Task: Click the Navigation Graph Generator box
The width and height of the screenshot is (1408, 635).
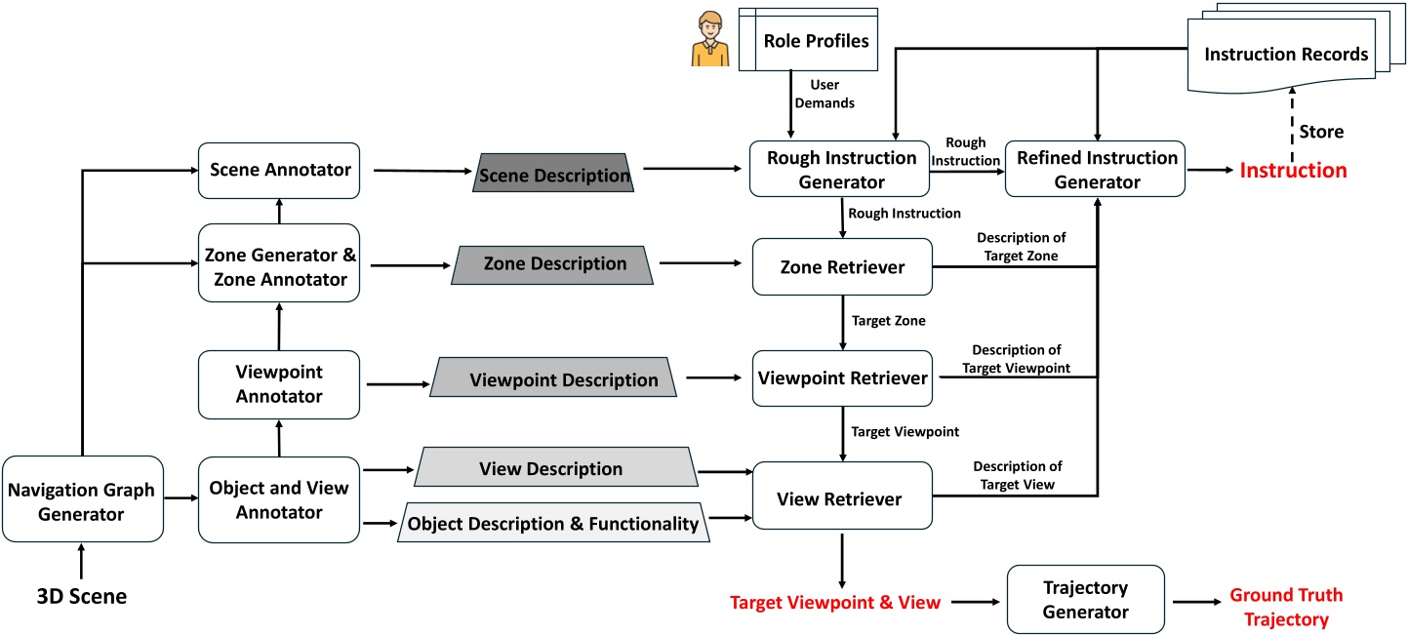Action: click(x=81, y=498)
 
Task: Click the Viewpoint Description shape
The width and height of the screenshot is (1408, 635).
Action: click(x=554, y=379)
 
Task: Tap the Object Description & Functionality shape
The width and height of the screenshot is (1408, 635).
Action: click(x=552, y=524)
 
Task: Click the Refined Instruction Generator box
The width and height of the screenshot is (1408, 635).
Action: click(x=1098, y=169)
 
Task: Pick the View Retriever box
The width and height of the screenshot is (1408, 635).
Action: click(x=839, y=499)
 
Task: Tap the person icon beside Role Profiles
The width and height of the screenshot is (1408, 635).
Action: click(x=710, y=39)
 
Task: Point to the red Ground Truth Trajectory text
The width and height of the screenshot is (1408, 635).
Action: click(x=1285, y=607)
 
